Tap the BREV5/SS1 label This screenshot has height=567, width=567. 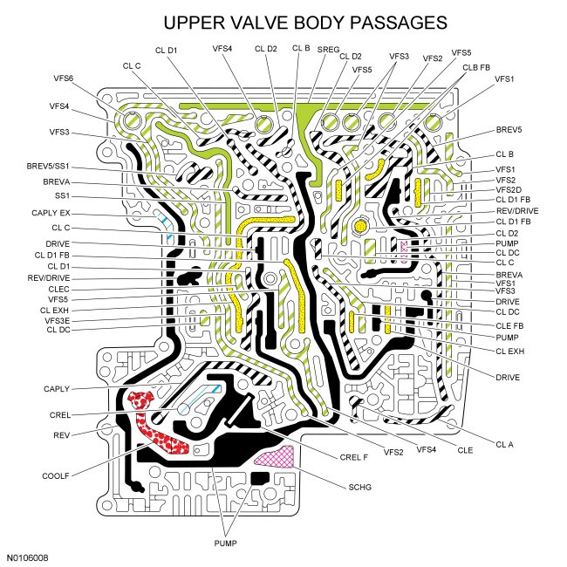(49, 165)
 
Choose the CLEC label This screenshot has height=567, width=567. (59, 288)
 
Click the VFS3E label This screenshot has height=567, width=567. (58, 320)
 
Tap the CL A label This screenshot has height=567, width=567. (505, 445)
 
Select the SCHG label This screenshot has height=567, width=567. (359, 487)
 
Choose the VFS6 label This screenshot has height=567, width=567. (63, 79)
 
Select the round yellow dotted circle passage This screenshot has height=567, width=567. (360, 227)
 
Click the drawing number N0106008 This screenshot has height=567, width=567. (28, 556)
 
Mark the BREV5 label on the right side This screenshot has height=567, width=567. (508, 129)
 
